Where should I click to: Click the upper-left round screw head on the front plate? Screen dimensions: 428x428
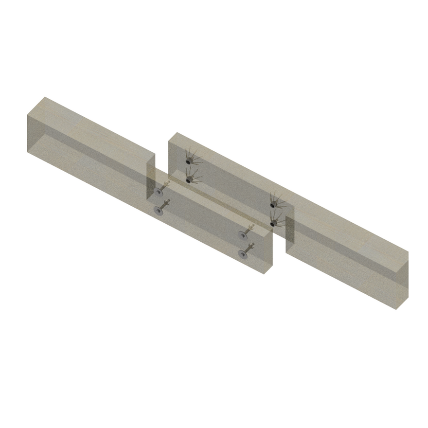(158, 193)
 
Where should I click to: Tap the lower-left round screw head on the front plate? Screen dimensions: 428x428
(158, 211)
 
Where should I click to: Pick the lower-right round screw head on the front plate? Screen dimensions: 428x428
(243, 253)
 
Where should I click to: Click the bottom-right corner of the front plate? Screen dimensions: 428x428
(264, 274)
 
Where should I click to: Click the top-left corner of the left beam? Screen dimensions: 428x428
(27, 116)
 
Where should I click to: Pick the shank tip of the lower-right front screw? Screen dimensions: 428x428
(251, 245)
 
